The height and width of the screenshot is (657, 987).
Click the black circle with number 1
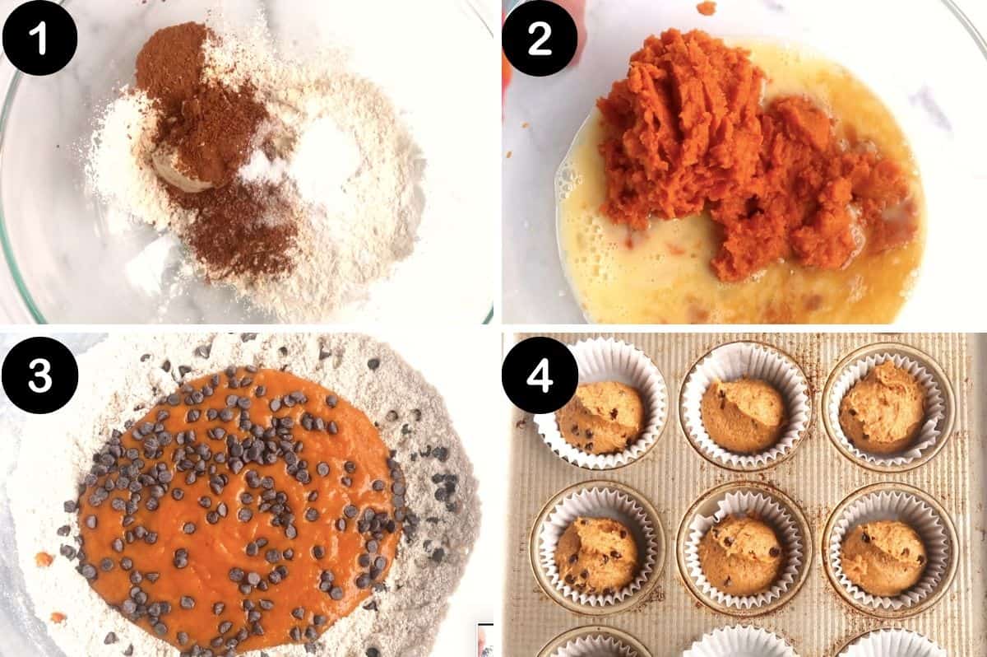coord(39,38)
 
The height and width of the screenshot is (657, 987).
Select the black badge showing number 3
coord(39,374)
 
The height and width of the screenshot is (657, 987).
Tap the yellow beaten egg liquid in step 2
coord(625,263)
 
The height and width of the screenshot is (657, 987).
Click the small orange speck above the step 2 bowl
coord(706,7)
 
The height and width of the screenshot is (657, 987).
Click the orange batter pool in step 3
coord(239,510)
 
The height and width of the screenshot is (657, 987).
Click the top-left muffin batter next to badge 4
coord(599,417)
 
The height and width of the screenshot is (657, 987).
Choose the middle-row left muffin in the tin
coord(596,553)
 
